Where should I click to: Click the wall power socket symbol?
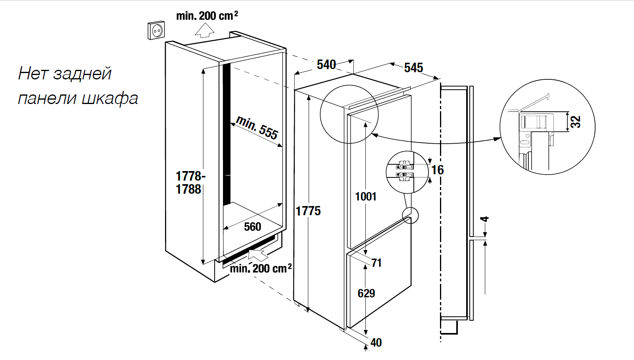click(x=156, y=30)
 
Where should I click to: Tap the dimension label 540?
click(x=326, y=64)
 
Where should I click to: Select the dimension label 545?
click(x=413, y=68)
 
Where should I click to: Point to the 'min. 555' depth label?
click(x=257, y=127)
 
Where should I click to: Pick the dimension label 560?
click(x=252, y=227)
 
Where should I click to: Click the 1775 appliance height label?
click(x=308, y=211)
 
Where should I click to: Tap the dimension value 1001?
click(x=365, y=196)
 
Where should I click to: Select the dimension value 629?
click(x=366, y=293)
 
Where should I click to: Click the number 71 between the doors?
click(x=376, y=263)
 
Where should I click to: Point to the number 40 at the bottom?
click(x=376, y=343)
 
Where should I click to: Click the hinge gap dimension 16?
click(x=437, y=170)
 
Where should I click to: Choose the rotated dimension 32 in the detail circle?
click(x=575, y=121)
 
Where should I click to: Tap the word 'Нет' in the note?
click(x=33, y=74)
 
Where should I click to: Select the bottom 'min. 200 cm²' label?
click(x=261, y=269)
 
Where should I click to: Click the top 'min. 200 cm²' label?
click(x=207, y=16)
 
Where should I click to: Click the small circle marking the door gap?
click(x=410, y=215)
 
